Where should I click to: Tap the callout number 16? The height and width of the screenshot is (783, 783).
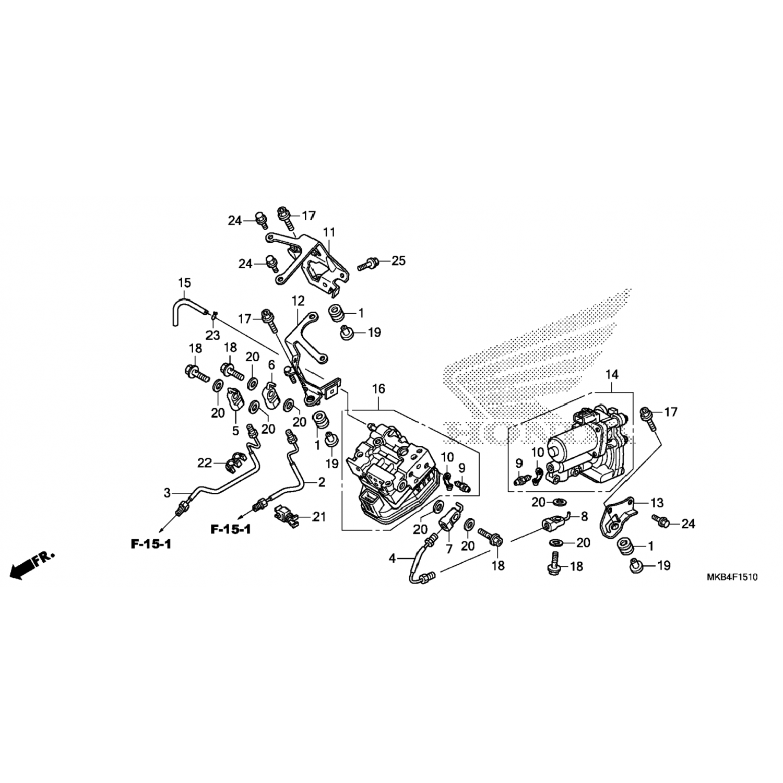pos(378,388)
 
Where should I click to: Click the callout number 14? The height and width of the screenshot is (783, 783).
pos(612,374)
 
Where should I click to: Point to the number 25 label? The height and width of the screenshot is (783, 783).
pos(398,260)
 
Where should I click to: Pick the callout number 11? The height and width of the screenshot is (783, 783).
pos(329,232)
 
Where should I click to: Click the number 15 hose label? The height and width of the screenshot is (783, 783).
pos(184,283)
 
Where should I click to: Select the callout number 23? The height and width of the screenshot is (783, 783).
pos(212,335)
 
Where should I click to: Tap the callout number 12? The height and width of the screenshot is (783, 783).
pos(298,301)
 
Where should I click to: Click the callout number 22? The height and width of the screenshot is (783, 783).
pos(204,462)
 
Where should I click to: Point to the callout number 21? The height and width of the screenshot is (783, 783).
pos(319,517)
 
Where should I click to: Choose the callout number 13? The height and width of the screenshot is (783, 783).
pos(657,503)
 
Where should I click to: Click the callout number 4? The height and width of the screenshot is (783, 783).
pos(392,559)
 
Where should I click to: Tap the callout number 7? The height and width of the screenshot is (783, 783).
pos(449,549)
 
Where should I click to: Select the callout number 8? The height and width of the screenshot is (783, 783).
pos(584,517)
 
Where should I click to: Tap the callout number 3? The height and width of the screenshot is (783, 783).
pos(167,492)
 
